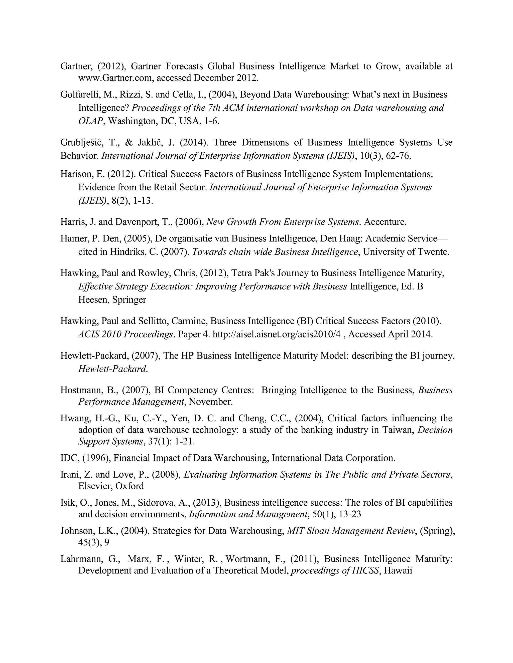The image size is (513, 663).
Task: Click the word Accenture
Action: click(385, 222)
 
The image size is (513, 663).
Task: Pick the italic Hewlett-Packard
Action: click(112, 369)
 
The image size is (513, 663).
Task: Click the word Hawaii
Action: click(398, 570)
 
